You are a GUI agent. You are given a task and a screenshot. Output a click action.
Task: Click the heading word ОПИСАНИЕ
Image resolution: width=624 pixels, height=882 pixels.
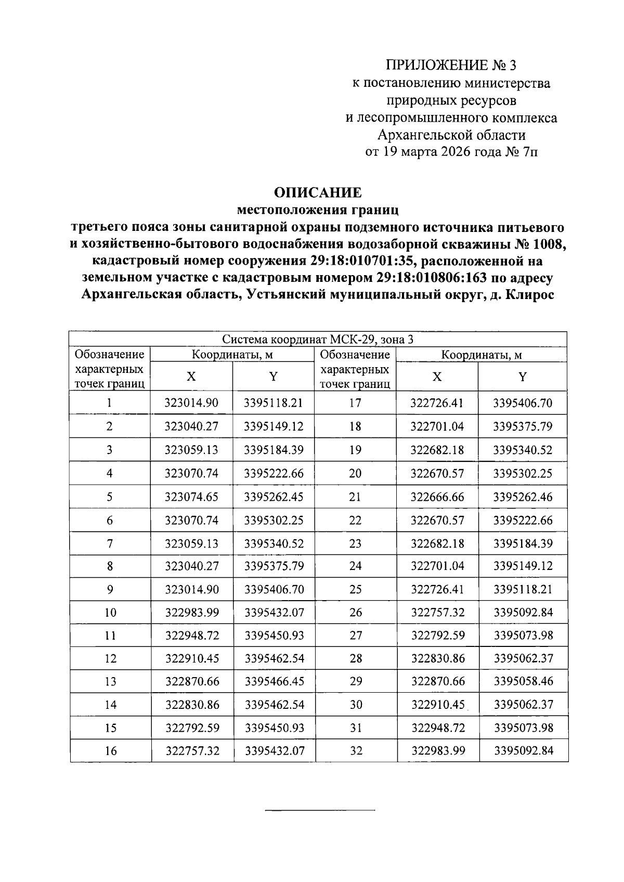coord(317,193)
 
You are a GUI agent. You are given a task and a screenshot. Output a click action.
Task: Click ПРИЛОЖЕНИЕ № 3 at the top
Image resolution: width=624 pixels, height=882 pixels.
coord(451,66)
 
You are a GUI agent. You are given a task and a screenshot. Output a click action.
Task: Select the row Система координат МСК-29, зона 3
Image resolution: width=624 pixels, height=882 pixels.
coord(318,340)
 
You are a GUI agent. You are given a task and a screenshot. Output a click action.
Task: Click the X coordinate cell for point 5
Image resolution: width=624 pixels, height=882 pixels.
coord(191,497)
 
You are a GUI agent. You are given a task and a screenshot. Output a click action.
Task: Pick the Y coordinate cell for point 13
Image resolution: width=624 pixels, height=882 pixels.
coord(274,681)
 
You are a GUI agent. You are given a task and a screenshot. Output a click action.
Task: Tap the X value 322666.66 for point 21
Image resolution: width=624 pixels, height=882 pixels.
coord(437,497)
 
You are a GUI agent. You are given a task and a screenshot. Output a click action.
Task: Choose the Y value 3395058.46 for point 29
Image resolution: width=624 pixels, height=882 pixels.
coord(523,681)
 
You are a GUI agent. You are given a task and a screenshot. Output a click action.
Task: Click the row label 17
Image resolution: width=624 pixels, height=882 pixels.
coord(355,403)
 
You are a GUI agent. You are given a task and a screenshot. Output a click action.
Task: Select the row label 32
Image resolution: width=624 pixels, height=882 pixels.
coord(356,750)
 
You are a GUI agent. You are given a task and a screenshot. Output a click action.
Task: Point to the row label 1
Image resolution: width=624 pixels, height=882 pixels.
coord(109,403)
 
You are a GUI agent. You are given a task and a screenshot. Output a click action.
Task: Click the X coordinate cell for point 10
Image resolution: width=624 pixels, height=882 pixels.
coord(192,612)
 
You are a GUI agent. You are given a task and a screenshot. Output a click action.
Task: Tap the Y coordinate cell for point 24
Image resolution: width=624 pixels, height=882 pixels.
coord(523,566)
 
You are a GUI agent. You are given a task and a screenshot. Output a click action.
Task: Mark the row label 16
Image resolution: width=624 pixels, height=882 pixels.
coord(110,750)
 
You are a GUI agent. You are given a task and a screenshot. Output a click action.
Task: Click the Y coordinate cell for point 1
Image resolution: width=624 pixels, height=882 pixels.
coord(274,403)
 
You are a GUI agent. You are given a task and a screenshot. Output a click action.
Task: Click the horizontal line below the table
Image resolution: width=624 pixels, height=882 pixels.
coord(320,810)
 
